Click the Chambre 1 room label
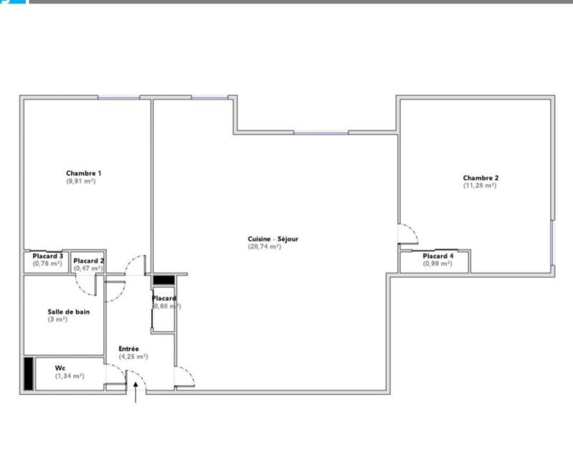[83, 173]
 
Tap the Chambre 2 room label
[481, 178]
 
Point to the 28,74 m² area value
[264, 247]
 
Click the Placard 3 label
[48, 256]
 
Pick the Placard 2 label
[89, 260]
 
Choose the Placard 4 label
[438, 256]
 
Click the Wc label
[59, 368]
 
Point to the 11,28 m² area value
[480, 186]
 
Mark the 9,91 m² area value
[80, 181]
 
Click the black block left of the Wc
[28, 373]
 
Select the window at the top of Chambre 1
[118, 97]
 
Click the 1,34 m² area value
[69, 376]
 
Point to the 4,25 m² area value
[133, 357]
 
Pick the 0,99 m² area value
[438, 264]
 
